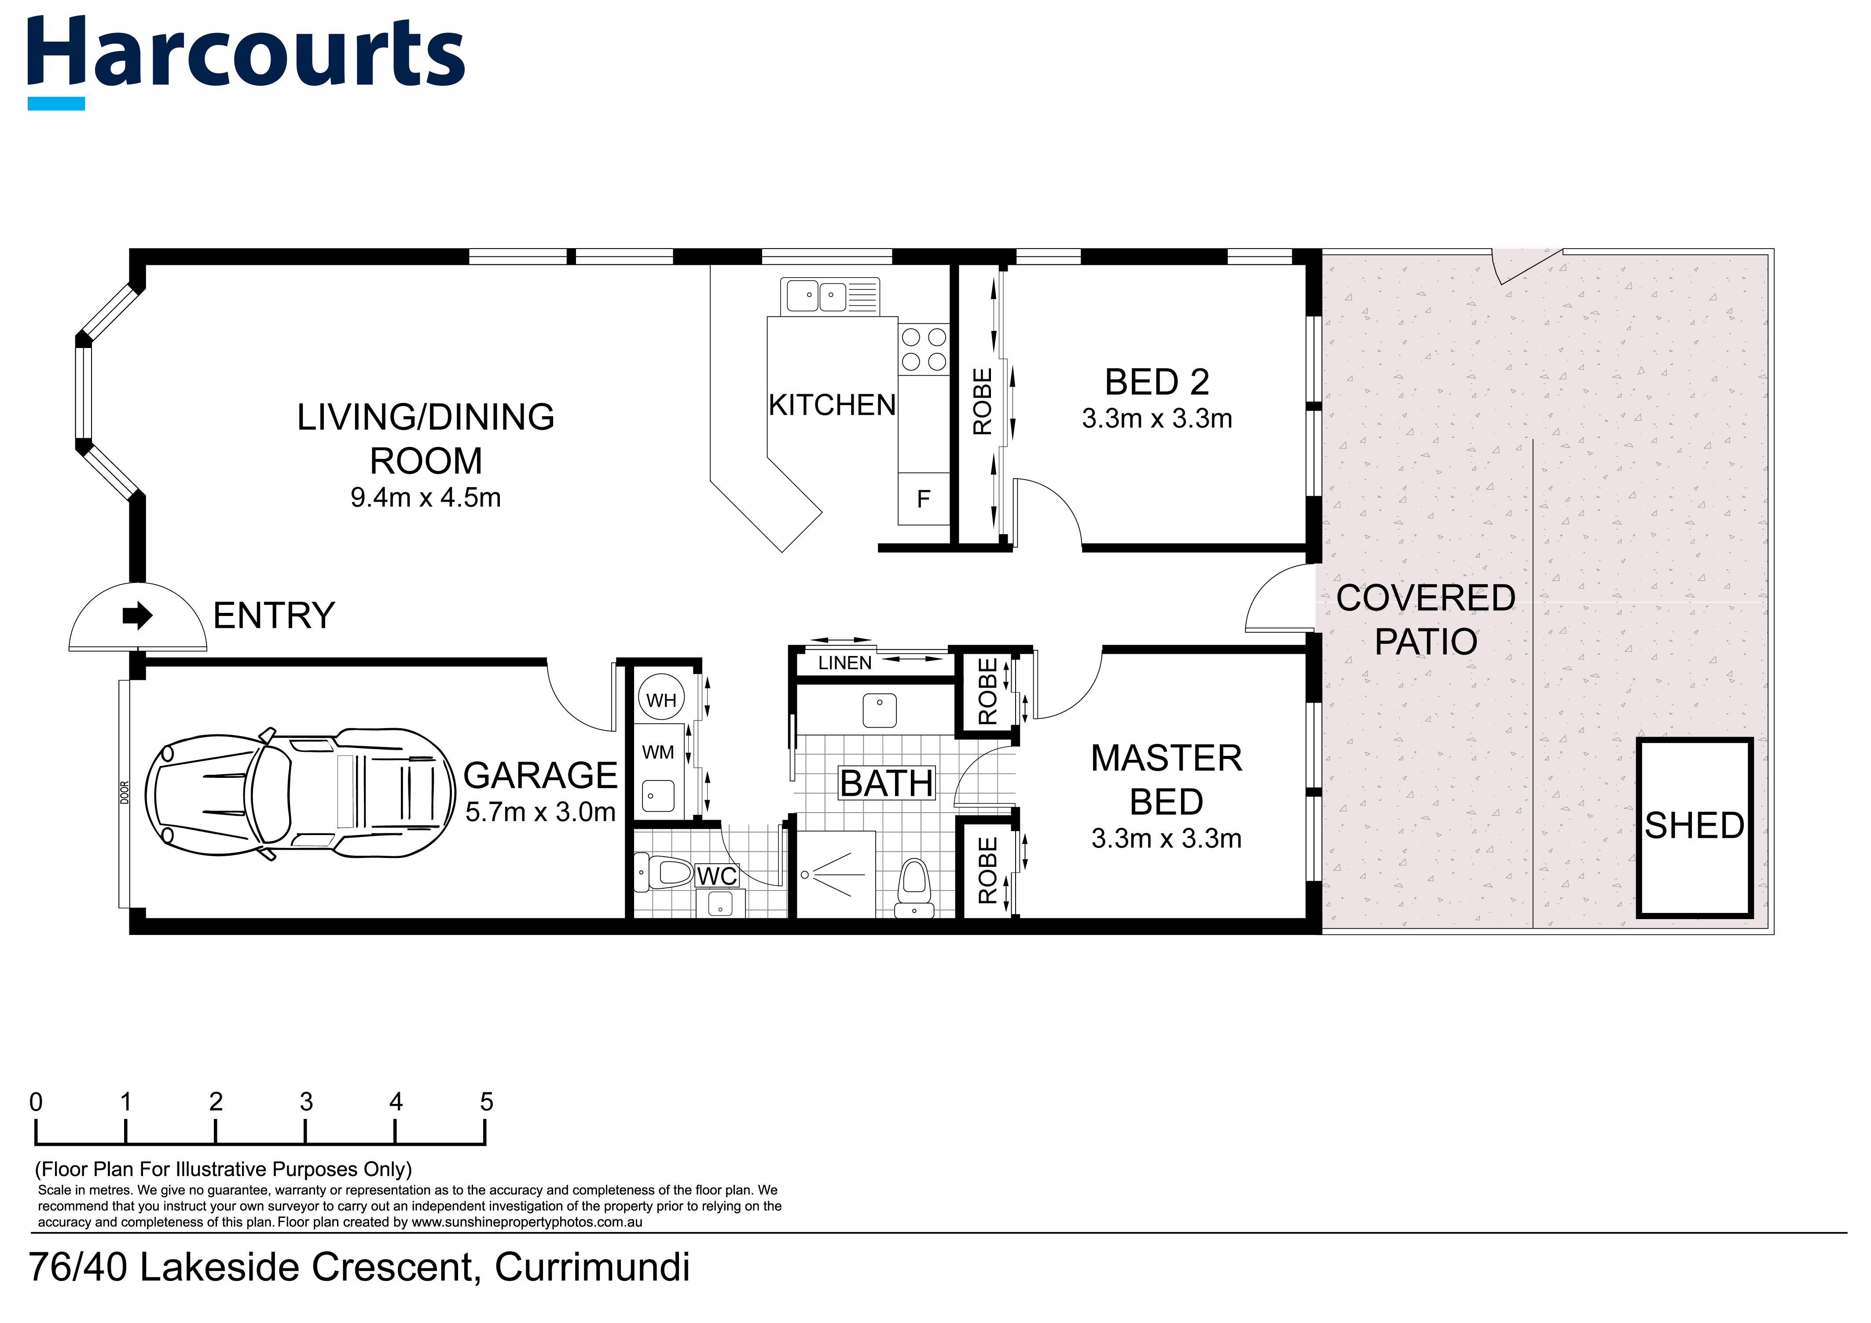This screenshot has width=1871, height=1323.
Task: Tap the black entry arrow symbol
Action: (x=138, y=616)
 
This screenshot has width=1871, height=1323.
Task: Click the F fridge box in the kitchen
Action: (x=923, y=498)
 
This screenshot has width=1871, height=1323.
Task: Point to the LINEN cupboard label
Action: (x=844, y=663)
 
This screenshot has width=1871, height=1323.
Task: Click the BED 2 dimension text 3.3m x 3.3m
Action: (x=1156, y=419)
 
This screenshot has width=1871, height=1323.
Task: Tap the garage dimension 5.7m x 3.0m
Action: (x=540, y=812)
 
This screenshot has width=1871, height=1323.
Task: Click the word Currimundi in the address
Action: (x=592, y=1267)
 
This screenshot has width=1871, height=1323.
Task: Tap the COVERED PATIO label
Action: (x=1426, y=620)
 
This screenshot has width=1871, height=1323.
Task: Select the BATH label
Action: (x=887, y=784)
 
